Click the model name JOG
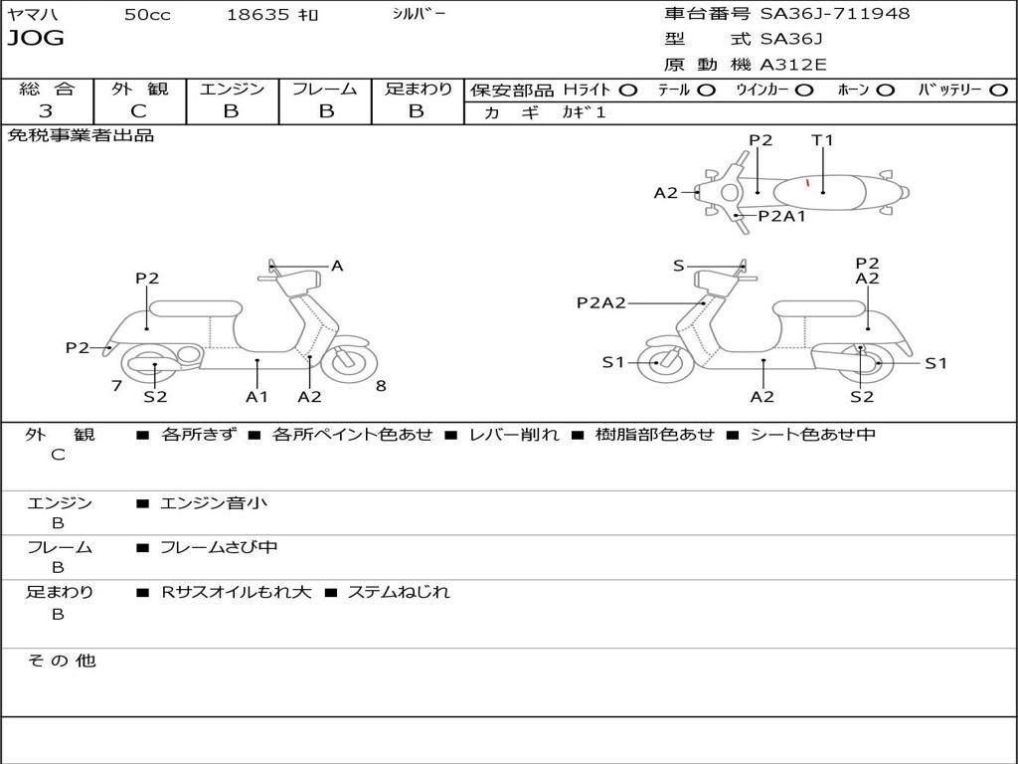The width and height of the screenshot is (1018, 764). [36, 39]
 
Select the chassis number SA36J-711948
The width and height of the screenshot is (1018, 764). [835, 14]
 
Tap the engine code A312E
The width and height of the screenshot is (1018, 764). [794, 65]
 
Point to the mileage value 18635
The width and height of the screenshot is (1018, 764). [256, 15]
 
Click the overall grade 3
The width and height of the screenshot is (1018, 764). [46, 111]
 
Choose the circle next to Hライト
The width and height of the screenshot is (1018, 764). [628, 90]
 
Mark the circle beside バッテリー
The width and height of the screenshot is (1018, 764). [998, 90]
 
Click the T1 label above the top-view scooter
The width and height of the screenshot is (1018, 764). [822, 140]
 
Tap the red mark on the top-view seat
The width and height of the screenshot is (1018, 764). [807, 183]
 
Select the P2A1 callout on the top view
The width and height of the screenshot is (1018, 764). [782, 215]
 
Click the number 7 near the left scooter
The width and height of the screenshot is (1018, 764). [116, 385]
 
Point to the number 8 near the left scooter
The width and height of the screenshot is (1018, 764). [381, 385]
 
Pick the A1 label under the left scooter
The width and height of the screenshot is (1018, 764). [257, 397]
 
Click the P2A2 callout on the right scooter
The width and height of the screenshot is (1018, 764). [601, 303]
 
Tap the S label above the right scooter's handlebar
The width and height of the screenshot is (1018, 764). [678, 266]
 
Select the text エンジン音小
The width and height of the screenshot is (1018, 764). [214, 503]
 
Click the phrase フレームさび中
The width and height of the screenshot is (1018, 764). [219, 547]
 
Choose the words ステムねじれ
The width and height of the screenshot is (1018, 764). [399, 592]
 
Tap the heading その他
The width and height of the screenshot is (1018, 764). [61, 661]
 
